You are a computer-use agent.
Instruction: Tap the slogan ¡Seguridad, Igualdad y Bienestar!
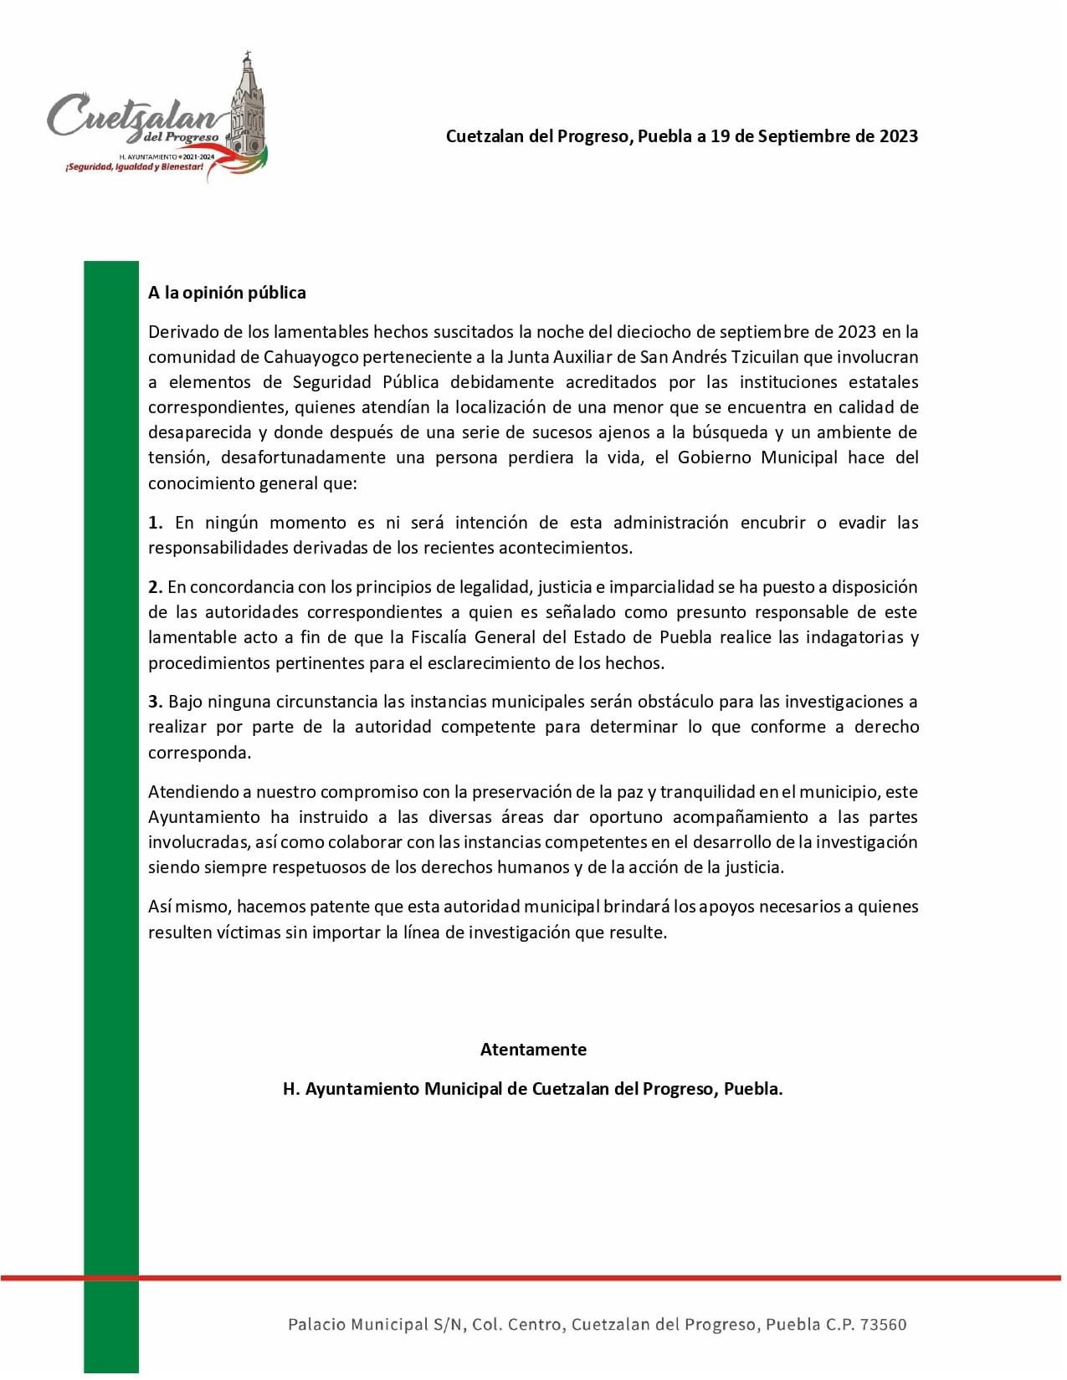pos(134,167)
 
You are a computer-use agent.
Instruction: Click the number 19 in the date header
pos(720,136)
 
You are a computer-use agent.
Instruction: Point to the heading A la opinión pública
pos(227,293)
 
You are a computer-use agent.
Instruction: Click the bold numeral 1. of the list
pos(155,523)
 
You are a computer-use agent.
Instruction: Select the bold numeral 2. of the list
pos(155,587)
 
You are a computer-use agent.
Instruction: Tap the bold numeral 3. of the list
pos(155,702)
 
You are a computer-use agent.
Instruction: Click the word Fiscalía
pos(439,637)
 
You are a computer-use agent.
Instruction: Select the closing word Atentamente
pos(533,1050)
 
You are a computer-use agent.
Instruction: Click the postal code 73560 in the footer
pos(883,1325)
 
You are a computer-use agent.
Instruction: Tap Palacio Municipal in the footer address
pos(357,1325)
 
